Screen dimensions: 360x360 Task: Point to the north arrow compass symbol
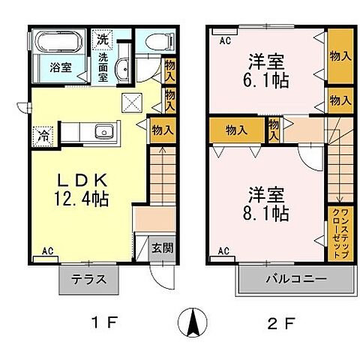click(191, 324)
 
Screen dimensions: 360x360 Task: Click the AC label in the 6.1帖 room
click(223, 41)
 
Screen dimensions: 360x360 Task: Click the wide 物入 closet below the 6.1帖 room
click(238, 129)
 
